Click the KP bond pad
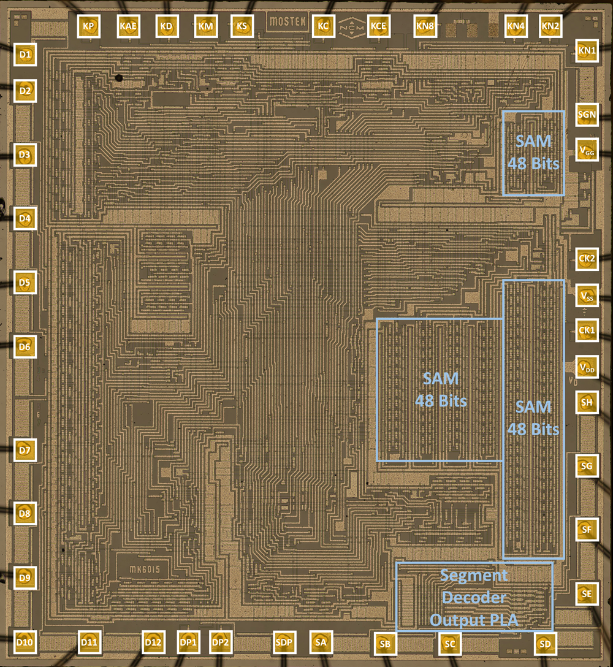coord(88,26)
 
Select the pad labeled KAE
coord(128,26)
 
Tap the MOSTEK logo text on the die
coord(287,21)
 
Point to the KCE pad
coord(378,26)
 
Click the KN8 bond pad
coord(425,26)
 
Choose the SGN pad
coord(587,115)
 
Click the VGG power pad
coord(587,150)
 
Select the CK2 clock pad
coord(587,259)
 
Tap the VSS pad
coord(587,295)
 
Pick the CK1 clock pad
coord(587,330)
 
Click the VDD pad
coord(587,367)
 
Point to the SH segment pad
coord(587,402)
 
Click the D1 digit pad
coord(25,55)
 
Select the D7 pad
coord(25,450)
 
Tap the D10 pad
coord(25,642)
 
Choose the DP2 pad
coord(220,642)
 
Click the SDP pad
coord(284,642)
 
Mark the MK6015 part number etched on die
coord(145,569)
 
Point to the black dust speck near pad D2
coord(119,78)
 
